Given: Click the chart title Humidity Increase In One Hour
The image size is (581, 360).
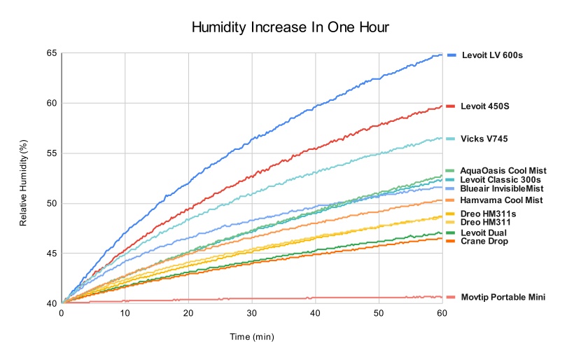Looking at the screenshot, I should coord(290,27).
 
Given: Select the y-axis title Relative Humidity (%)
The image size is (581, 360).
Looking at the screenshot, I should coord(24,183).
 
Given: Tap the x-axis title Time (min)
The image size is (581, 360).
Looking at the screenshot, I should coord(252,337).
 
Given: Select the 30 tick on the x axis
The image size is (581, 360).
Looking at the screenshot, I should coord(252,314).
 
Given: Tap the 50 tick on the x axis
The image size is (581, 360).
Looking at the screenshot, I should coord(379,314).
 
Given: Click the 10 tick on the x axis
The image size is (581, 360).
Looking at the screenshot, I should coord(125,314).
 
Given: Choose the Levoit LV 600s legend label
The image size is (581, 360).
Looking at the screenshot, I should coord(491,55).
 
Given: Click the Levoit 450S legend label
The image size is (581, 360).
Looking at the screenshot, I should coord(484,106).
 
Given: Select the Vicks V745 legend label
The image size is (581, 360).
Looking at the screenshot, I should coord(484,139).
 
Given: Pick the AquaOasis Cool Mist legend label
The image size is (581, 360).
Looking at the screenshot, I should coord(503,170).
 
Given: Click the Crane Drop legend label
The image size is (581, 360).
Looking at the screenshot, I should coord(484,241).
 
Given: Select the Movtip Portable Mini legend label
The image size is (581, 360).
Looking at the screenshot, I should coord(503,297).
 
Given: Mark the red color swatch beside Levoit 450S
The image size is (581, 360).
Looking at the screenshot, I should coord(451,106).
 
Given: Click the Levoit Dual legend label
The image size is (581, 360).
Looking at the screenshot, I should coord(484,233).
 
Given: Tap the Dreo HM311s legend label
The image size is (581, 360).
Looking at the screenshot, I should coord(488,213).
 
